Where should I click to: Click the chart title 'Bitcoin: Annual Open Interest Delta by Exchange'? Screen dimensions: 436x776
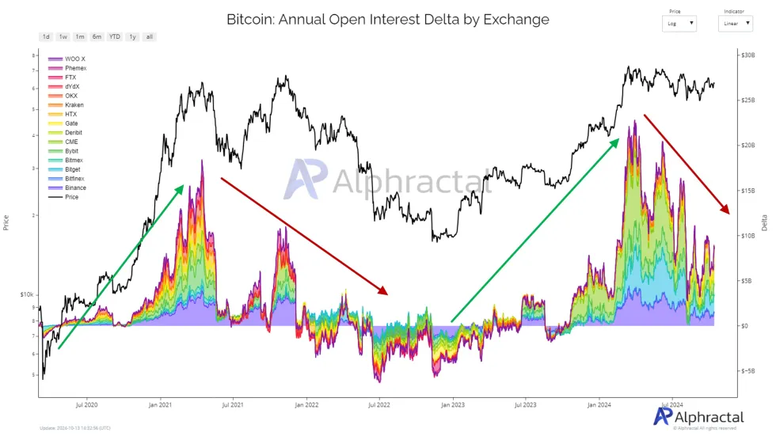click(x=387, y=18)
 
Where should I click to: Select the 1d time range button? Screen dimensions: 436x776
click(x=46, y=37)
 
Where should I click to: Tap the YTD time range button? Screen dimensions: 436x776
click(x=115, y=37)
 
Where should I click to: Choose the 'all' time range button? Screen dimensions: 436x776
click(x=150, y=37)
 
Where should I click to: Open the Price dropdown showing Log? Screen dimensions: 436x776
click(x=680, y=24)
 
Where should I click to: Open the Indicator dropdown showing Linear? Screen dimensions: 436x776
click(x=735, y=24)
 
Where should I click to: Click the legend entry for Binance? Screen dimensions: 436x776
click(x=75, y=188)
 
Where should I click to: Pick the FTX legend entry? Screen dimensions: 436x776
click(x=70, y=78)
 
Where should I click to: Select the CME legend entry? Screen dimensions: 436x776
click(x=71, y=142)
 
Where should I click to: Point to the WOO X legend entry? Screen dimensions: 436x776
click(x=74, y=59)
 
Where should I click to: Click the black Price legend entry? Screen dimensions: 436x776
click(x=72, y=197)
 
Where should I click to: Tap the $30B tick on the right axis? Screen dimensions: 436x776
click(x=747, y=55)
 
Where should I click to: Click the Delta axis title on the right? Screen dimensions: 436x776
click(x=764, y=224)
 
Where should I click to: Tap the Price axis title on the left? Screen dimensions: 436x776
click(x=6, y=222)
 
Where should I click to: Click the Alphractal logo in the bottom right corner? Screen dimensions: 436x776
click(x=699, y=417)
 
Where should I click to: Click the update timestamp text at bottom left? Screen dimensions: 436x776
click(x=75, y=428)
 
